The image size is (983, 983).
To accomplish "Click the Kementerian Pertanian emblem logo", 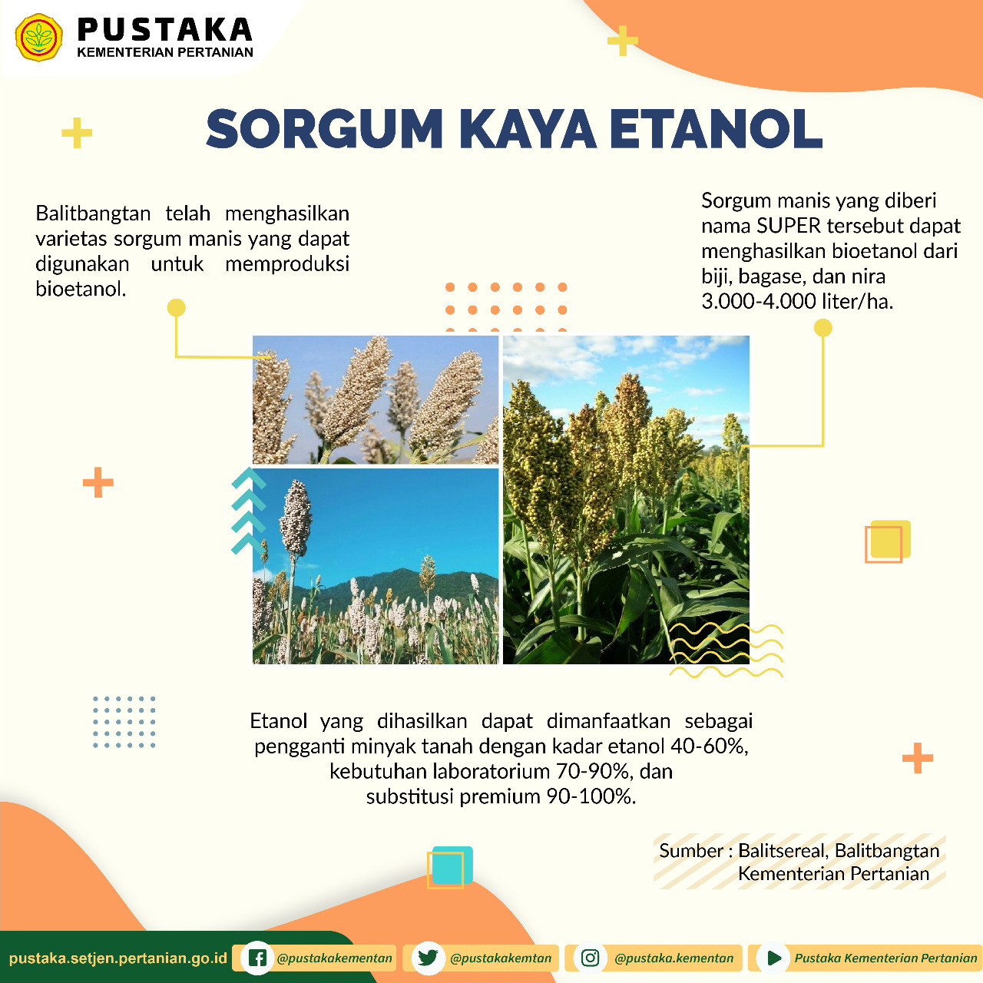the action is click(38, 37).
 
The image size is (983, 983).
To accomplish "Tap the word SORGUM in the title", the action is click(324, 128).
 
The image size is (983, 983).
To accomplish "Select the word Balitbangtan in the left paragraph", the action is click(93, 213).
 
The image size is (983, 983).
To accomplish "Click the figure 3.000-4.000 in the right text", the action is click(758, 302).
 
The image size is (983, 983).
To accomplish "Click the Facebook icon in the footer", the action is click(257, 958).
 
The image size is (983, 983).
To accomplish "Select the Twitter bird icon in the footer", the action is click(428, 958).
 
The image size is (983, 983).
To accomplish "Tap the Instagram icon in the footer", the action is click(591, 958).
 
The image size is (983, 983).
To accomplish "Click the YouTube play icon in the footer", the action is click(773, 958).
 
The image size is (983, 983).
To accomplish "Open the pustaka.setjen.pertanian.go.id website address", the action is click(117, 958).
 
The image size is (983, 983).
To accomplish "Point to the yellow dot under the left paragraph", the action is click(176, 308).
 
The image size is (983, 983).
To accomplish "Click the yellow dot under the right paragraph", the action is click(822, 327).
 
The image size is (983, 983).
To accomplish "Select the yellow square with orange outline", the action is click(890, 539).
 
